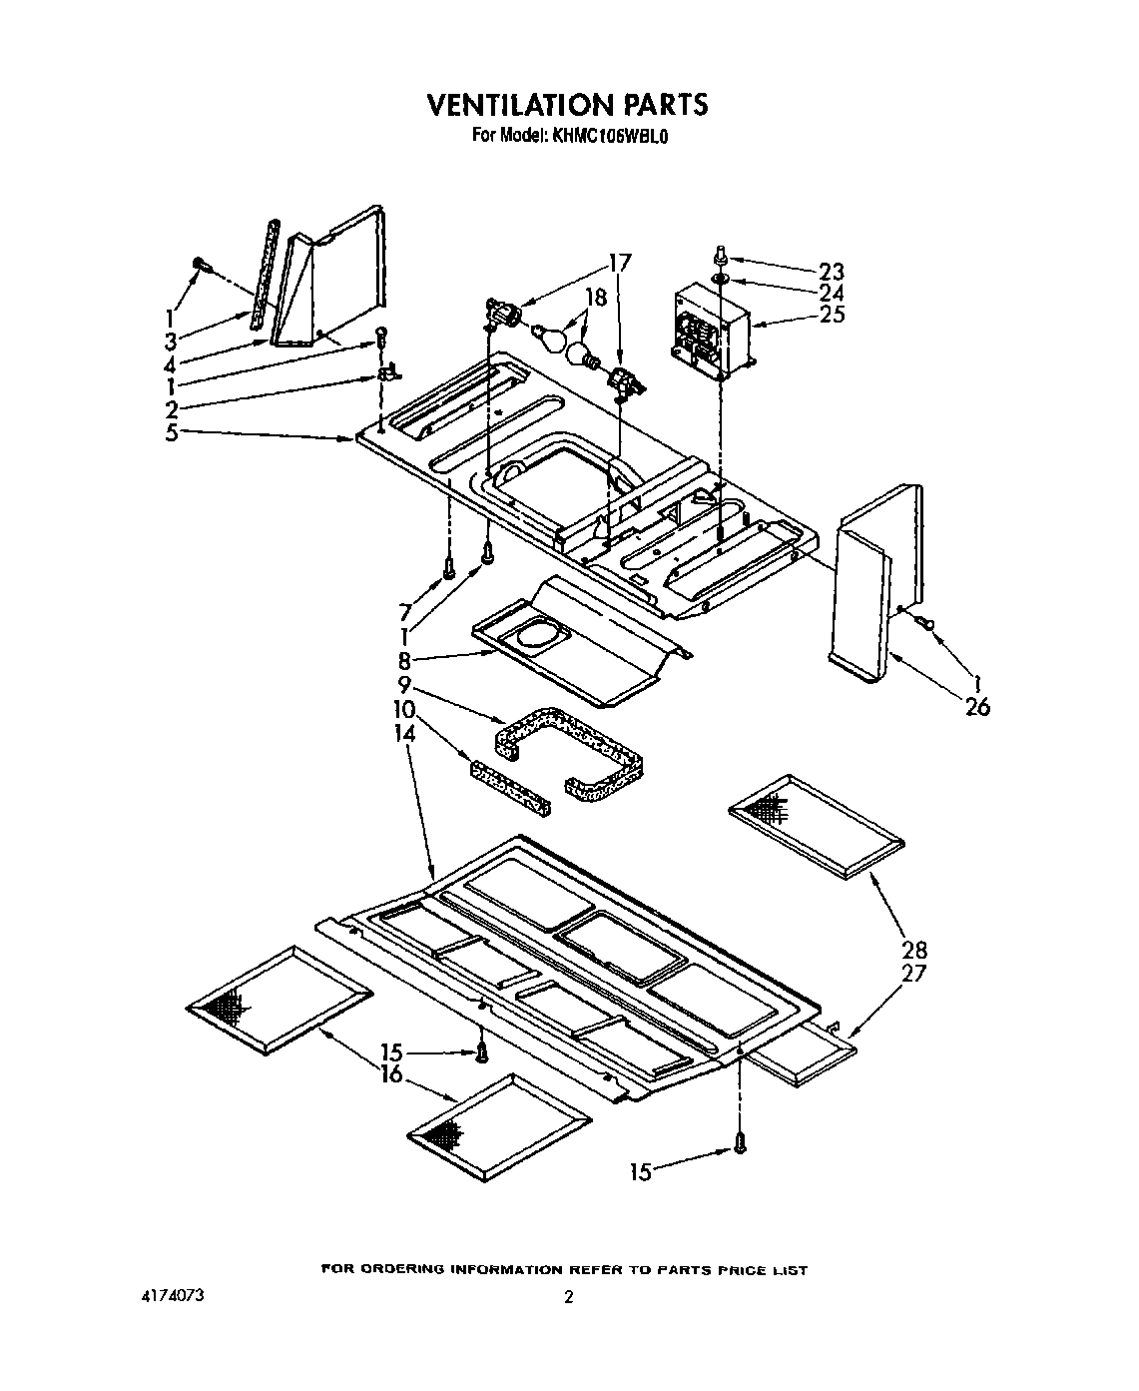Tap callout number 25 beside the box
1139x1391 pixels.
point(832,315)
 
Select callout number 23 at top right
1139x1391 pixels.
point(831,272)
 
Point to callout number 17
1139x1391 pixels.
point(619,264)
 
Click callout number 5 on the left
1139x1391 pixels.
point(172,432)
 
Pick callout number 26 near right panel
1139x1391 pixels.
point(977,707)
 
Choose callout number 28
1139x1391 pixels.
point(914,950)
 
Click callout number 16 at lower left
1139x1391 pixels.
point(391,1074)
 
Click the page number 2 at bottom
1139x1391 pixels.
point(568,1298)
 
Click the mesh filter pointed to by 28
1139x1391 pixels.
point(817,825)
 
